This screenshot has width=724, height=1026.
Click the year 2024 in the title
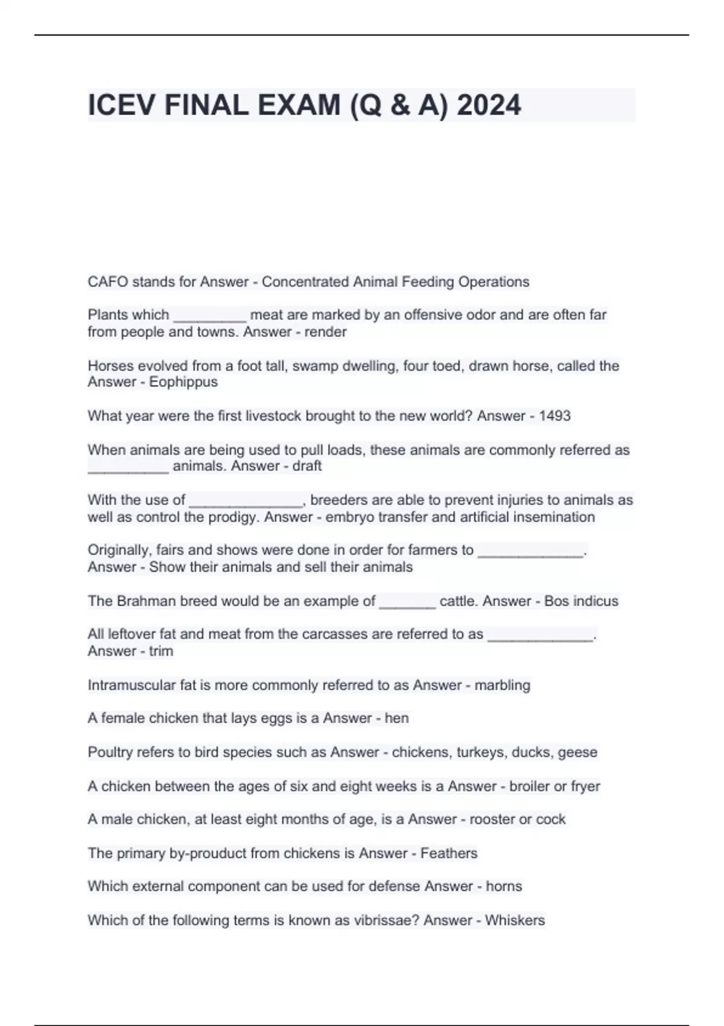click(489, 106)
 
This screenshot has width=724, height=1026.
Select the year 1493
click(554, 416)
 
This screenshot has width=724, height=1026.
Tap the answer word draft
click(307, 466)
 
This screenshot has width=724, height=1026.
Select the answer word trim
click(161, 651)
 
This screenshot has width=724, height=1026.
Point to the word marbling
click(503, 685)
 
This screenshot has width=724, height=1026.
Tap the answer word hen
click(396, 718)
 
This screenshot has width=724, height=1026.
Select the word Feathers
click(449, 853)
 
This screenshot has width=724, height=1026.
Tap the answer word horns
click(504, 886)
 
